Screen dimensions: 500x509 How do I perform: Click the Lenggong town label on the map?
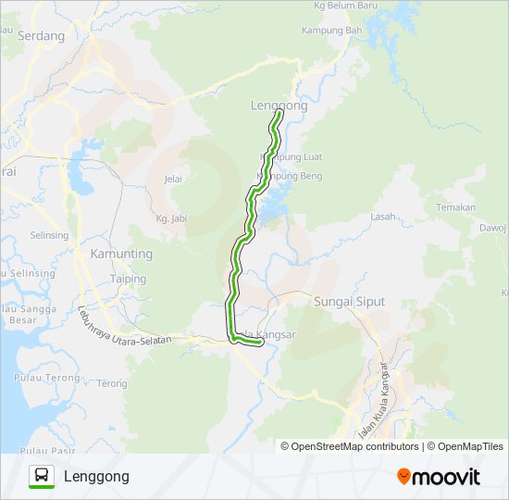(279, 106)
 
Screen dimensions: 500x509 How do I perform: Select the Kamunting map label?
(121, 253)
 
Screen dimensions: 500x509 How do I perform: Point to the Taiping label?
(128, 279)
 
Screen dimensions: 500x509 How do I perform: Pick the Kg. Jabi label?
(172, 219)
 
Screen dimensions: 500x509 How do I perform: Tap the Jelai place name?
(173, 179)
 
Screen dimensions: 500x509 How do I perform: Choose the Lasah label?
(382, 216)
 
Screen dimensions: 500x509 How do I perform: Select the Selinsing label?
(49, 235)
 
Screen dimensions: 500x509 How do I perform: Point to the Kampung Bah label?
(331, 30)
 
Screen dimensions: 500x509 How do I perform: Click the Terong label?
(112, 383)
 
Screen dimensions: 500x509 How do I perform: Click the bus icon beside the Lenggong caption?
(41, 476)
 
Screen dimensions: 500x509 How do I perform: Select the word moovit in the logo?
(445, 477)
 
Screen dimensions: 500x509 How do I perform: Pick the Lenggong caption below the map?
(96, 476)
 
